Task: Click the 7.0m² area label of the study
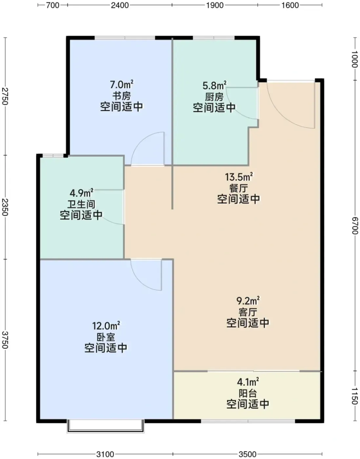pos(122,85)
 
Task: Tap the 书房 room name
pos(121,96)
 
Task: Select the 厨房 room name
pos(214,97)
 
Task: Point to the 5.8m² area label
pos(214,86)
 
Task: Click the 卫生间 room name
pos(81,204)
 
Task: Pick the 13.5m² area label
pos(239,177)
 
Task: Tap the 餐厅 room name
pos(239,188)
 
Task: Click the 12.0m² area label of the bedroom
pos(106,326)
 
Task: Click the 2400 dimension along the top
pos(120,5)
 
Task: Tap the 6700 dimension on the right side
pos(355,226)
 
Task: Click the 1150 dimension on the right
pos(355,396)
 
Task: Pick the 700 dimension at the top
pos(53,5)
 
